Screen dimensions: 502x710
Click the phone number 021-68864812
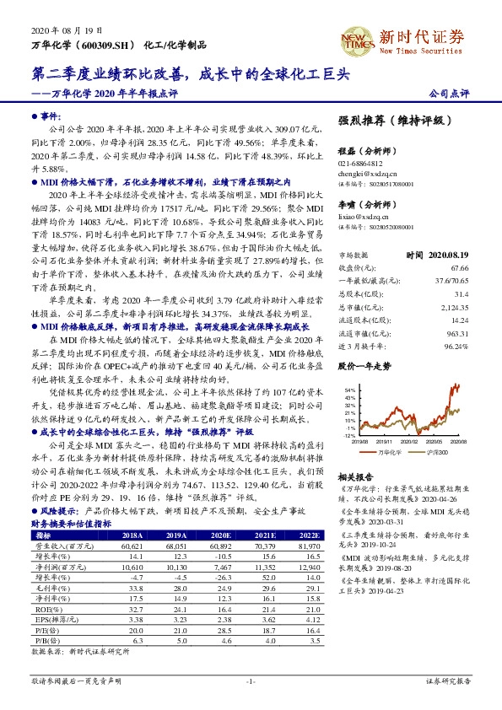(360, 164)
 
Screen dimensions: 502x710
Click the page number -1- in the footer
(251, 680)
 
